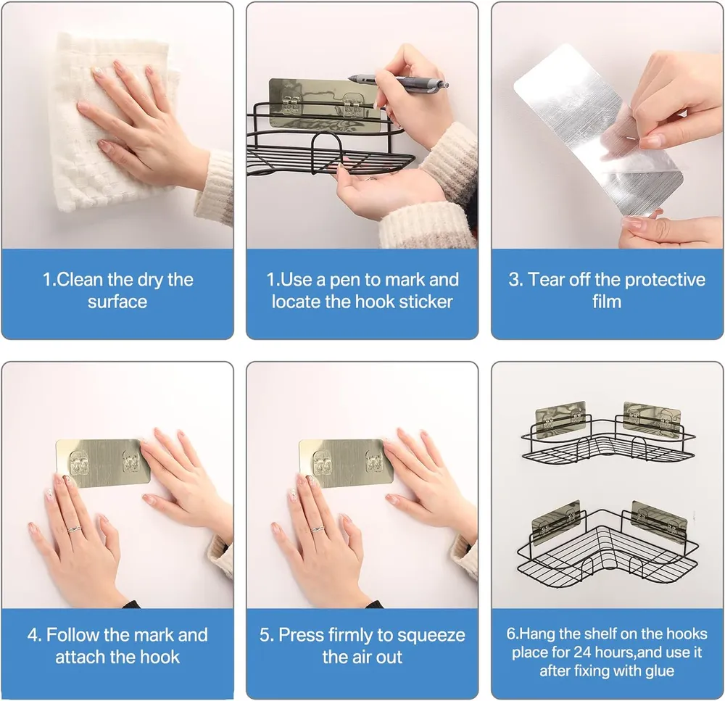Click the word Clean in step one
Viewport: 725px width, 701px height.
click(80, 280)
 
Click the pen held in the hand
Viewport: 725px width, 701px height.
click(397, 83)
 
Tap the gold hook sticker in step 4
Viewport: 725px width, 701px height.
click(103, 463)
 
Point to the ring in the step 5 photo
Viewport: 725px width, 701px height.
click(318, 529)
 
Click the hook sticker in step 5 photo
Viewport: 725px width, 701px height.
click(346, 463)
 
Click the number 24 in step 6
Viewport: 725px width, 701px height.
click(582, 652)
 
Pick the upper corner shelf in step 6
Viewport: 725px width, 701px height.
click(608, 432)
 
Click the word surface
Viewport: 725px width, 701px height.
click(117, 302)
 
